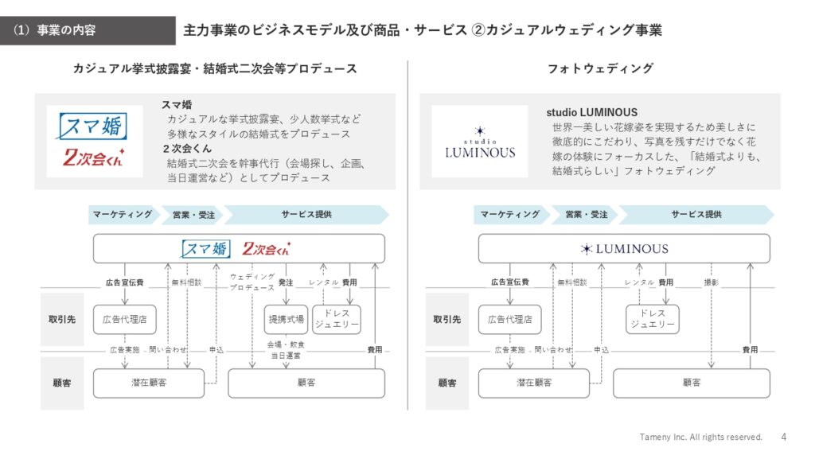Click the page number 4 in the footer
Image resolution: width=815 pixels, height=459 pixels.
pyautogui.click(x=783, y=438)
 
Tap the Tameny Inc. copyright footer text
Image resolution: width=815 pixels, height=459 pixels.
pyautogui.click(x=700, y=438)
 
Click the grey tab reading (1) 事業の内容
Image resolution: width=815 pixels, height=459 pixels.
pyautogui.click(x=88, y=31)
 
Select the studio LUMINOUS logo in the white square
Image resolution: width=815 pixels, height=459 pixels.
pyautogui.click(x=480, y=142)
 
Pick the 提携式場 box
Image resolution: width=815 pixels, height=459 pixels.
pyautogui.click(x=286, y=319)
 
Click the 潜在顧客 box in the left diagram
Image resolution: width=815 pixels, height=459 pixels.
pyautogui.click(x=149, y=383)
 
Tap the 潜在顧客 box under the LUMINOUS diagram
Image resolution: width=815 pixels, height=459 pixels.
pyautogui.click(x=534, y=383)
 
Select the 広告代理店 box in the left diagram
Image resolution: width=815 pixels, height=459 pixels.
pyautogui.click(x=125, y=319)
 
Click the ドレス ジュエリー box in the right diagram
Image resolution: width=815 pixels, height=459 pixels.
pyautogui.click(x=653, y=319)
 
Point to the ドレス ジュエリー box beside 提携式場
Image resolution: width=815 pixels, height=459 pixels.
pyautogui.click(x=337, y=319)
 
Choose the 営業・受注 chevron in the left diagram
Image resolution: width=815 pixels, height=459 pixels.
pyautogui.click(x=193, y=215)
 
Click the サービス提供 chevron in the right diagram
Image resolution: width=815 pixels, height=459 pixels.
pyautogui.click(x=696, y=215)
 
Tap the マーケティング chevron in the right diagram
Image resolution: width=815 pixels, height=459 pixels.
pyautogui.click(x=510, y=215)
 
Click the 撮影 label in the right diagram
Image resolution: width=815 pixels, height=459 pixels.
pyautogui.click(x=711, y=282)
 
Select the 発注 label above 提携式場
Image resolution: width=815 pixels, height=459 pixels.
pyautogui.click(x=286, y=282)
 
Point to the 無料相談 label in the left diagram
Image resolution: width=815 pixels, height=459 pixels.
pyautogui.click(x=186, y=282)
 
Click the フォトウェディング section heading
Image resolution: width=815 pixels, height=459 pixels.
pyautogui.click(x=600, y=68)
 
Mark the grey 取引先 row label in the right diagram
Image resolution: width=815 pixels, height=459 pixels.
pyautogui.click(x=447, y=319)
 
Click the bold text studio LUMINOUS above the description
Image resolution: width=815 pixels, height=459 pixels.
pyautogui.click(x=591, y=113)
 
